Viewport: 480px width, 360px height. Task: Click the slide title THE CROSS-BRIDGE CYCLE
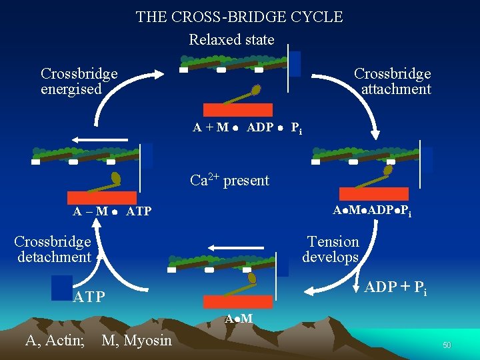tap(239, 17)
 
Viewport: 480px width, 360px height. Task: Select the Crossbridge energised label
tap(79, 81)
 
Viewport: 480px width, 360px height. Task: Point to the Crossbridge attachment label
tap(393, 81)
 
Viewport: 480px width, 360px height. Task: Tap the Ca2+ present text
tap(229, 180)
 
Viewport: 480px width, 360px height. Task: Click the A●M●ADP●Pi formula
tap(371, 211)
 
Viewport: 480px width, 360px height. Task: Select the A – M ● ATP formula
tap(112, 212)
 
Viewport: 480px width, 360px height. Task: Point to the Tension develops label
tap(331, 249)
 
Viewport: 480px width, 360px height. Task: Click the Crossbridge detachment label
tap(53, 249)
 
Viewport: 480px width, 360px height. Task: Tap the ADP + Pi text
tap(396, 288)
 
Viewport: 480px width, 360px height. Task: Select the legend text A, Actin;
tap(55, 341)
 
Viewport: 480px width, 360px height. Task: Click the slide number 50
tap(447, 345)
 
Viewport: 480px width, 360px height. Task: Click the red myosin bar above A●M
tap(237, 301)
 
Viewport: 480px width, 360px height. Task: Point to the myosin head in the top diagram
tap(255, 89)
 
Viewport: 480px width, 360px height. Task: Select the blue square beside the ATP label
tap(62, 287)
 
